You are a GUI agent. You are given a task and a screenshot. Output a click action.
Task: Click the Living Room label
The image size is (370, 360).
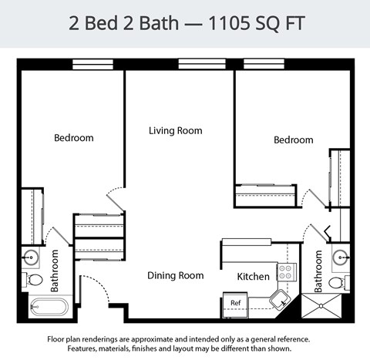[176, 131]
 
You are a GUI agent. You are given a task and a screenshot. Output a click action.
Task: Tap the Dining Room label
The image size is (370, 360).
[176, 275]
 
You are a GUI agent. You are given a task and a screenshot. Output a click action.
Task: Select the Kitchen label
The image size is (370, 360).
[253, 277]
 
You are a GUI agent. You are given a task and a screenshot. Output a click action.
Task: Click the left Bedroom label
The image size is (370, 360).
[74, 138]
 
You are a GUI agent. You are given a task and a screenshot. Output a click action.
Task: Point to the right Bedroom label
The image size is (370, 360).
[294, 140]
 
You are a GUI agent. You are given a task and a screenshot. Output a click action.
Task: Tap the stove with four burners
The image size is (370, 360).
[286, 271]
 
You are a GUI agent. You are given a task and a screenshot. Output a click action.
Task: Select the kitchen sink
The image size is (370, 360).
[280, 298]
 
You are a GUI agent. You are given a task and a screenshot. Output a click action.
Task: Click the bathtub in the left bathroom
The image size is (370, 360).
[49, 308]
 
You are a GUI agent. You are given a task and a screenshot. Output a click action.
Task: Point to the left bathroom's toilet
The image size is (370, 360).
[35, 279]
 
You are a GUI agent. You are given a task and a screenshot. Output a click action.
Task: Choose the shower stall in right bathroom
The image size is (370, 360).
[320, 306]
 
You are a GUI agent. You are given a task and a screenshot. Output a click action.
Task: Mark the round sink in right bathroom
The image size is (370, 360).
[341, 257]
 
